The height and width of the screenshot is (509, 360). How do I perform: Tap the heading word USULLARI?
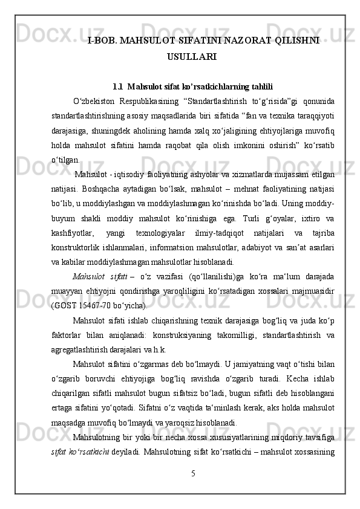tap(191, 57)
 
